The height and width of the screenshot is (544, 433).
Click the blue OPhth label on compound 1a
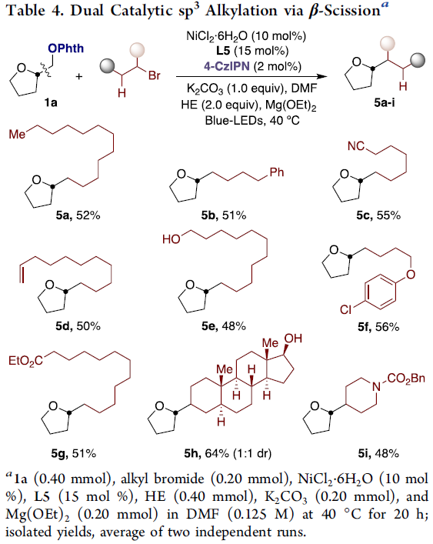click(66, 48)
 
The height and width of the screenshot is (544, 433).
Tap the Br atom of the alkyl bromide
click(155, 75)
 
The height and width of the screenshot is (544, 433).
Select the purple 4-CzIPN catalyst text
click(227, 66)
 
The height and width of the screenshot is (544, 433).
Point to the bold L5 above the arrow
click(223, 51)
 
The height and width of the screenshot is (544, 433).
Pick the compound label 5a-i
click(384, 102)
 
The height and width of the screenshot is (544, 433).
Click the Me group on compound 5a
click(18, 134)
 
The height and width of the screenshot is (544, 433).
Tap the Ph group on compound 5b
click(277, 172)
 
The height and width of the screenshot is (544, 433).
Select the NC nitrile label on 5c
click(356, 146)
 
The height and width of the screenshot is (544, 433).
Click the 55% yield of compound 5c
click(388, 215)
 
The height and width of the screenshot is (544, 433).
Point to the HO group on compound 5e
click(172, 239)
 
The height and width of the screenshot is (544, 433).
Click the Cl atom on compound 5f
click(345, 309)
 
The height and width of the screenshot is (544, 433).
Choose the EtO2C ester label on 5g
click(25, 361)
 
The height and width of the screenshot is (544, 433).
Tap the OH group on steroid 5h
click(293, 339)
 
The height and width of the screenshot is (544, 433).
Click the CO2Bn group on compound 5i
click(406, 378)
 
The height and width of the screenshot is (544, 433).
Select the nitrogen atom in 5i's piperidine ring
click(377, 386)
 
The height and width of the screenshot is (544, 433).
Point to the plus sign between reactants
click(79, 76)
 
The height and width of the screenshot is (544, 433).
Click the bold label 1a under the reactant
click(51, 103)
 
